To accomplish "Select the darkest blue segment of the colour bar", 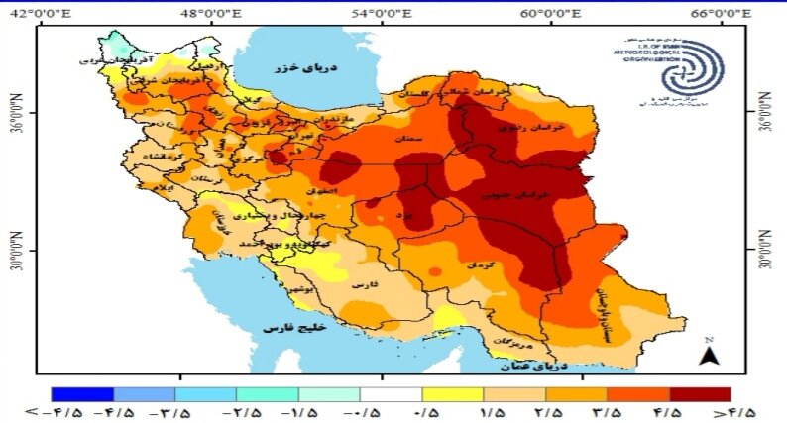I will point(82,394).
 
